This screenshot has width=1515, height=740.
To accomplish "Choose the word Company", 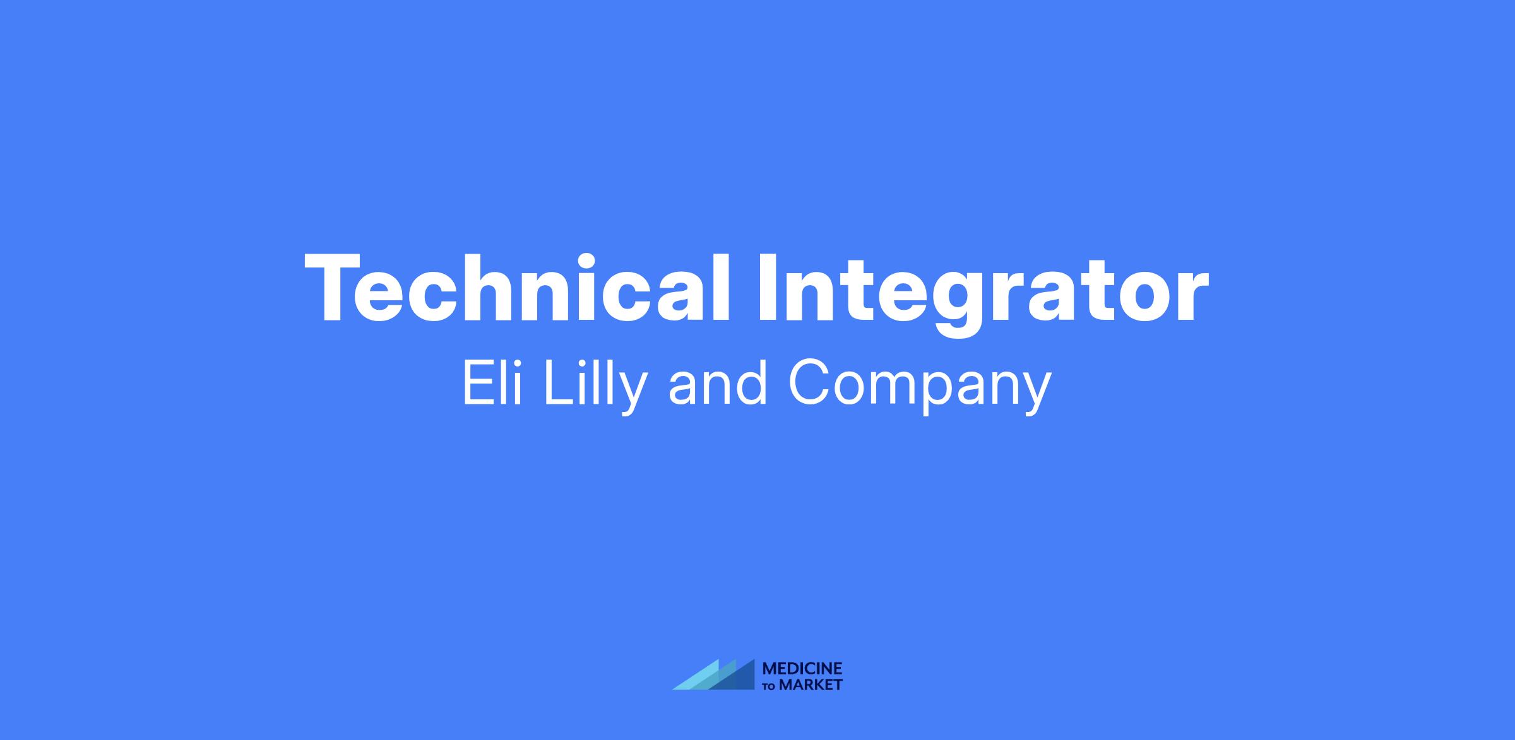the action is tap(920, 387).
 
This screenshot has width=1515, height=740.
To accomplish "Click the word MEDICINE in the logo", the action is tap(802, 669).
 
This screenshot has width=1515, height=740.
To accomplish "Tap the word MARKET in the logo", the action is tap(811, 684).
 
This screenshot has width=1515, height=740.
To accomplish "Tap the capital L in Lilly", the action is tap(558, 382).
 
